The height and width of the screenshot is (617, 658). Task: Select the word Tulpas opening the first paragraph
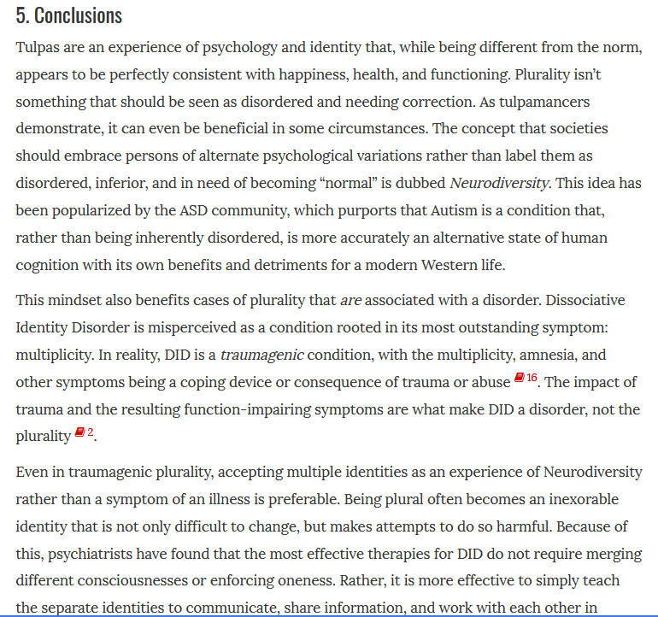click(38, 47)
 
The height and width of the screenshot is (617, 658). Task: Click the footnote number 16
click(532, 378)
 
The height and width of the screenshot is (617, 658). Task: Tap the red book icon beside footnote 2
click(79, 433)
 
